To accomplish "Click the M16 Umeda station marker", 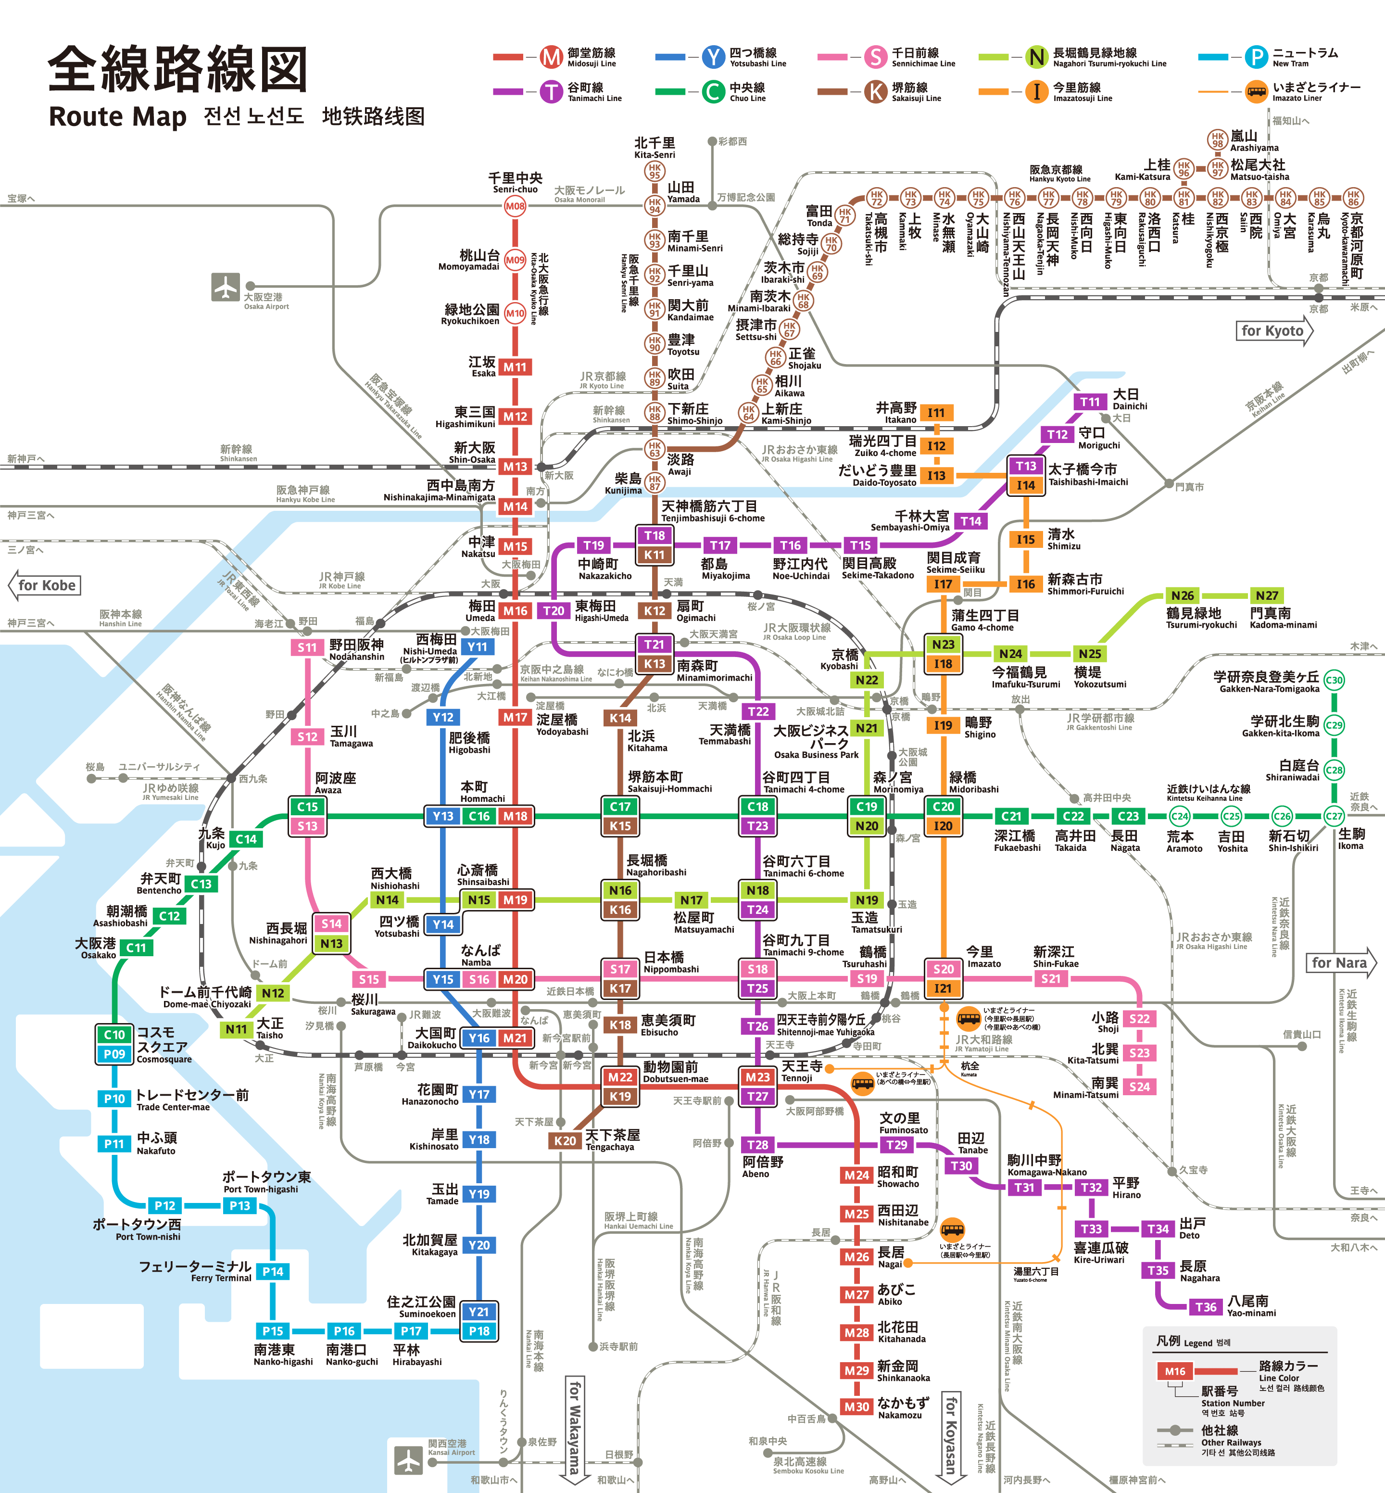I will (515, 611).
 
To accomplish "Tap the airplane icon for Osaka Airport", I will (225, 287).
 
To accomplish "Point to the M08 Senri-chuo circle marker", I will (515, 206).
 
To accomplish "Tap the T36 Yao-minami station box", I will (1205, 1307).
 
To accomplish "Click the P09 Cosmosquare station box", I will (114, 1054).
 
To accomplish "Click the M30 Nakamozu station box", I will (856, 1407).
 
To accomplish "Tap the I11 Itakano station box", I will (936, 413).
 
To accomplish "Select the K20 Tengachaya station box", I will (565, 1141).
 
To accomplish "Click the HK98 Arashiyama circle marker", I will (1217, 139).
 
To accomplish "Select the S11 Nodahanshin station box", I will (307, 647).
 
